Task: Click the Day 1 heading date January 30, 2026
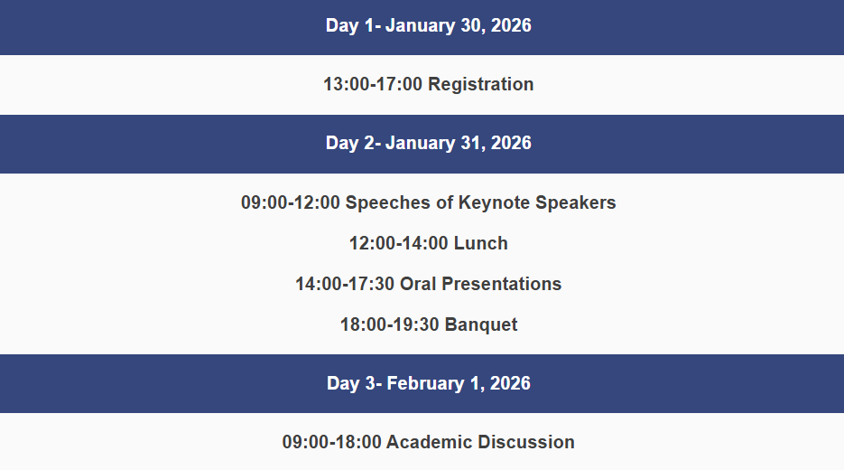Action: [x=458, y=25]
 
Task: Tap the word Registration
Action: [x=480, y=84]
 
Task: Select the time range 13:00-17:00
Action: [x=373, y=84]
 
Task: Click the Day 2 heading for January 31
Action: [x=429, y=143]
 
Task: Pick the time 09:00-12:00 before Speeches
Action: [x=291, y=202]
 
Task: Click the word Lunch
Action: [x=480, y=243]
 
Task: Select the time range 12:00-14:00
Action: [x=399, y=243]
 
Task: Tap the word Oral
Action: [x=418, y=284]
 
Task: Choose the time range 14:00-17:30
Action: [x=345, y=284]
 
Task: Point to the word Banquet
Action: [x=481, y=324]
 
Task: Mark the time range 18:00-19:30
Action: [x=390, y=324]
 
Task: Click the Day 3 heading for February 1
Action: [x=429, y=383]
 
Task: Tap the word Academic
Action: [x=429, y=442]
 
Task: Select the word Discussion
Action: [x=526, y=442]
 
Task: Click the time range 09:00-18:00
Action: [x=331, y=442]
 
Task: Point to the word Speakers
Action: [x=576, y=202]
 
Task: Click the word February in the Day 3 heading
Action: [x=425, y=383]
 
